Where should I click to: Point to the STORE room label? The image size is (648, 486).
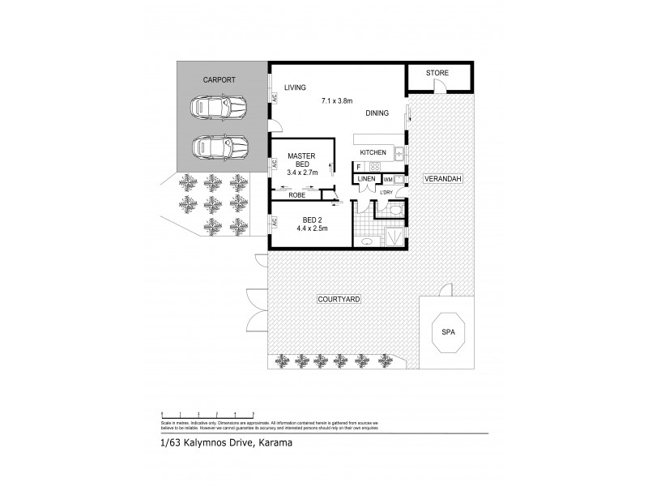tap(437, 74)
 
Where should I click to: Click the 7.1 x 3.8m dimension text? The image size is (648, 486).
tap(338, 100)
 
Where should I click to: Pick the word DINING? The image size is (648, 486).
tap(377, 113)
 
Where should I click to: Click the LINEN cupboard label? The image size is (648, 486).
tap(366, 178)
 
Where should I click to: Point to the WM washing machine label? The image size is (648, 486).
tap(387, 179)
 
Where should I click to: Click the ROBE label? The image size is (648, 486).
tap(297, 195)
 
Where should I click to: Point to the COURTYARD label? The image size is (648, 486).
tap(340, 299)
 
